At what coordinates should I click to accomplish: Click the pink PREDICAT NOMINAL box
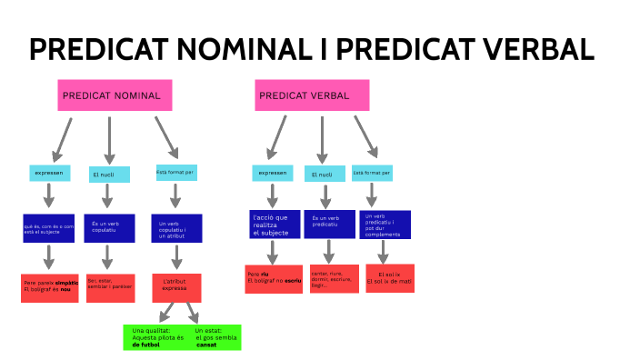tap(115, 95)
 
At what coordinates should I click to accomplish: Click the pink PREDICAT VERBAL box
tap(312, 95)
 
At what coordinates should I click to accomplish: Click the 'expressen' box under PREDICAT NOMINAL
tap(49, 173)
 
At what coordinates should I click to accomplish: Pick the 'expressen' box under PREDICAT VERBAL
tap(272, 173)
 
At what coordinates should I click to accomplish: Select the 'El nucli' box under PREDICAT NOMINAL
tap(107, 173)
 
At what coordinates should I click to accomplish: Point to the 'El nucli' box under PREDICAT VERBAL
tap(322, 174)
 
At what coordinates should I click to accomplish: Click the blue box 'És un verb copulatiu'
tap(111, 227)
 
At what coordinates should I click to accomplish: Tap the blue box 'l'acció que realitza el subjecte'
tap(274, 225)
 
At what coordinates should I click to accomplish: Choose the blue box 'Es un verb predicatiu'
tap(328, 225)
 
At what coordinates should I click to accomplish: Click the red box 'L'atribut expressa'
tap(175, 287)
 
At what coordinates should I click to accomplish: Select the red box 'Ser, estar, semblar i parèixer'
tap(111, 287)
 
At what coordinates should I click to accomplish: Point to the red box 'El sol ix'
tap(389, 278)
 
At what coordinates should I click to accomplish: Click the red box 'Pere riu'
tap(274, 279)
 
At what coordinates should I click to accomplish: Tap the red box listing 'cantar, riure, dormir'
tap(328, 279)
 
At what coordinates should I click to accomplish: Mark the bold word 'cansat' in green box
tap(208, 345)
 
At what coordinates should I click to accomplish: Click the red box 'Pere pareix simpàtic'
tap(50, 287)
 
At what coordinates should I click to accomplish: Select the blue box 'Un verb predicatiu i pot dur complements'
tap(385, 225)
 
